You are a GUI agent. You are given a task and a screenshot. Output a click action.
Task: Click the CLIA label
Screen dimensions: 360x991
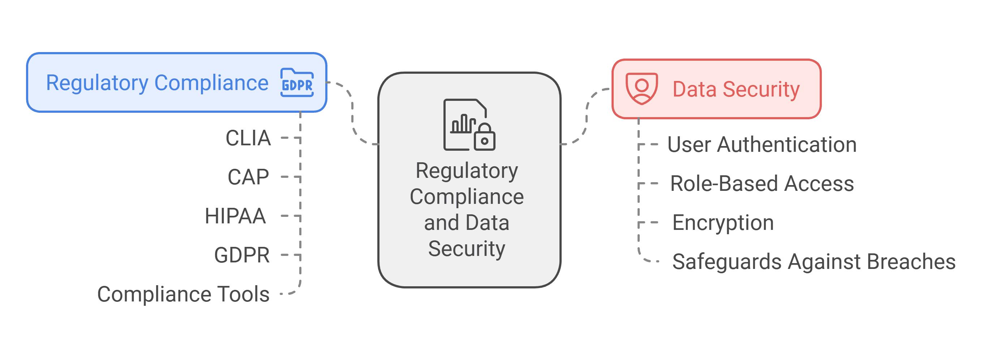[248, 138]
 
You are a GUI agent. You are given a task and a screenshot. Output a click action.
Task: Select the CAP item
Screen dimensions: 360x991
[248, 177]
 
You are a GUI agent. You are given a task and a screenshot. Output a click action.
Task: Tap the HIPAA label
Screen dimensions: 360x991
[235, 216]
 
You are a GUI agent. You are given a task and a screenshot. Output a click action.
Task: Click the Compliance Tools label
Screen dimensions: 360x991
[183, 294]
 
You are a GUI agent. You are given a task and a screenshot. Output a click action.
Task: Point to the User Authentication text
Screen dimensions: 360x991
[762, 145]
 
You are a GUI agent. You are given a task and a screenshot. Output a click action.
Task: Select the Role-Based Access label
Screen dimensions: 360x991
[762, 184]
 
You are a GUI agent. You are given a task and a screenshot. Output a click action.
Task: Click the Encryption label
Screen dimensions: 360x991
[722, 223]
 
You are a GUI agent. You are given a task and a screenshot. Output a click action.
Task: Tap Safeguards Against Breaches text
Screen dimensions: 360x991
[814, 262]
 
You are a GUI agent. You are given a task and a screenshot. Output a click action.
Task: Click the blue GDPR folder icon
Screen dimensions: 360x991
[297, 83]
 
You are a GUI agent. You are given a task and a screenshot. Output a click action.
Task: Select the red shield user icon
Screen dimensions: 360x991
[641, 89]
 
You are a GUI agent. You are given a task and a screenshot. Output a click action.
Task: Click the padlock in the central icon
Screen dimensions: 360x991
[484, 138]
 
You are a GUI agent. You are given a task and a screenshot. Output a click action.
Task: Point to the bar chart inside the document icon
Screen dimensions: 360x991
[463, 124]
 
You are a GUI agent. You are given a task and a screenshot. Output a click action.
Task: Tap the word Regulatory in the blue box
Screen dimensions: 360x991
[97, 83]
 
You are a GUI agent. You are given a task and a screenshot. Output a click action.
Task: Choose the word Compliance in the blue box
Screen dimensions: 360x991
[211, 83]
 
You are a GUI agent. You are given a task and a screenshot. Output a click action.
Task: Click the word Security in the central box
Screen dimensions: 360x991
[466, 249]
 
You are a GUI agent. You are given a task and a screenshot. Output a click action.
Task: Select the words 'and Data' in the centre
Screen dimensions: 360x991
[466, 223]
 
